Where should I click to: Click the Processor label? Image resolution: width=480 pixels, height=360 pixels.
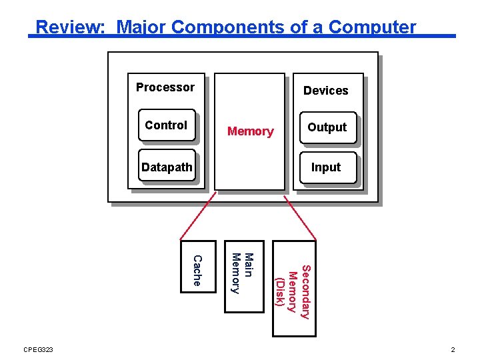point(165,87)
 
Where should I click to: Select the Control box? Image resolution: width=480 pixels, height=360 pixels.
point(167,125)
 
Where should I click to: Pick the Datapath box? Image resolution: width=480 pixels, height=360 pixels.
point(167,167)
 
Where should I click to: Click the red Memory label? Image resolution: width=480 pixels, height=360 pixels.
point(250,131)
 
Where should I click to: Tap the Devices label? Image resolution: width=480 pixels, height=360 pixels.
point(325,91)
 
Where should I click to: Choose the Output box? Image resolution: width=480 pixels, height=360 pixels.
point(327,127)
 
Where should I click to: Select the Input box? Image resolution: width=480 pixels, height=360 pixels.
point(326,167)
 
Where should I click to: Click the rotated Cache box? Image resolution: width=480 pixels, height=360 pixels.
point(199,267)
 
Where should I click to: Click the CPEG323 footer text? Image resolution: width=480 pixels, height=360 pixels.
point(38,350)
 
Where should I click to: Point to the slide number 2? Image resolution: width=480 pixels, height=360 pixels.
point(453,350)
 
